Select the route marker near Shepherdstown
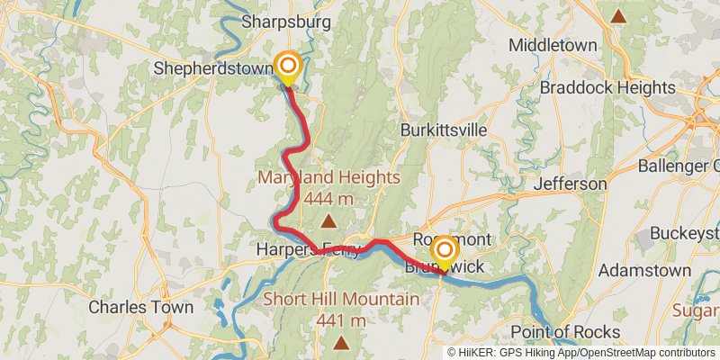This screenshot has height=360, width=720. pos(287,66)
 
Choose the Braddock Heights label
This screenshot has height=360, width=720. pos(607,87)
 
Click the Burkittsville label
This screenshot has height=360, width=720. pos(445,130)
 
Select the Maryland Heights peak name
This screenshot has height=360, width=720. pos(328,177)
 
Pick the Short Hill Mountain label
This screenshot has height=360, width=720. pos(340,300)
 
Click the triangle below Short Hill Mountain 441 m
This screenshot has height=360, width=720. pos(340,343)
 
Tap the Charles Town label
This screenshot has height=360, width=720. pos(140,307)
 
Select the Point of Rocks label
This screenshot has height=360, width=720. pos(564,332)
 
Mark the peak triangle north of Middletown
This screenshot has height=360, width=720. pos(617,16)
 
